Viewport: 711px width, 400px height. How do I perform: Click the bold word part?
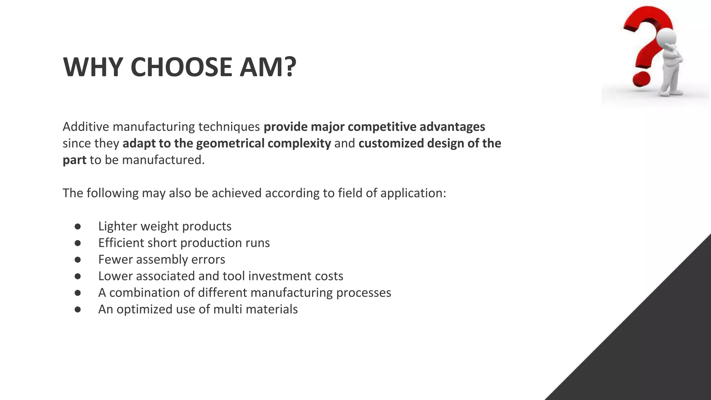[74, 160]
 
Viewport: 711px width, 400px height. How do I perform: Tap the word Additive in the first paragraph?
[86, 127]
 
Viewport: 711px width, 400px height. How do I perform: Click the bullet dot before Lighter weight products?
[77, 226]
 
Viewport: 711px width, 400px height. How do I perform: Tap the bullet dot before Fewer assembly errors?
[77, 260]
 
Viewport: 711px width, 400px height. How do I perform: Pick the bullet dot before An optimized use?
[77, 309]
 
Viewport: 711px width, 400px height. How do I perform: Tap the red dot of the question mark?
[641, 79]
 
